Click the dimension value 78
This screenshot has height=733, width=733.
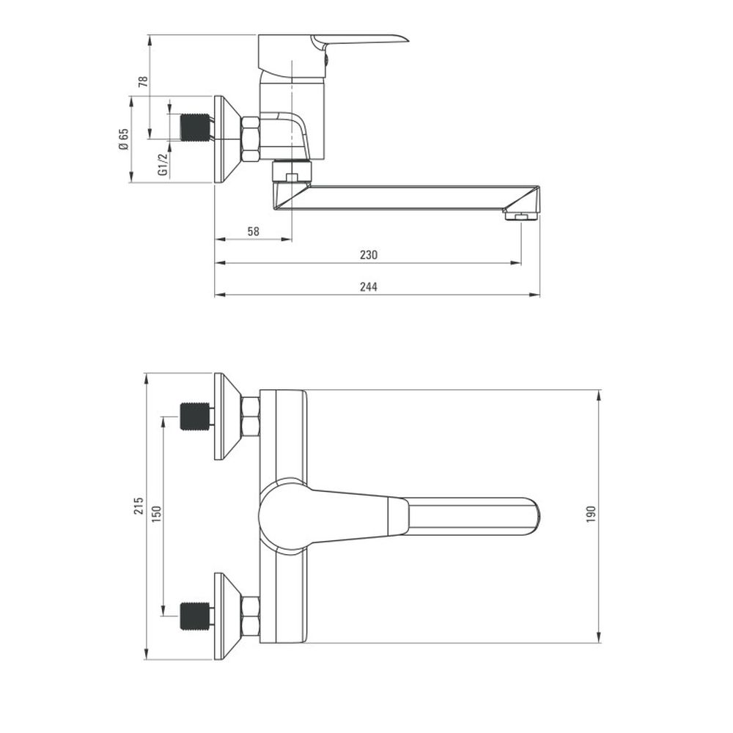144,81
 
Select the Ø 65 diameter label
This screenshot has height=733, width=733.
123,139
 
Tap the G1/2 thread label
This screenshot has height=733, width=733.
163,164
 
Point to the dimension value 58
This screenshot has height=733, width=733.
253,231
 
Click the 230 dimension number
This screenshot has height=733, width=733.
369,255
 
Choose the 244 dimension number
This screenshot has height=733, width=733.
369,287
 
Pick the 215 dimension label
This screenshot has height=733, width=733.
139,507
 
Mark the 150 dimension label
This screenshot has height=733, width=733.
156,515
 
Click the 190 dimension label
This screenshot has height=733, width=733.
591,515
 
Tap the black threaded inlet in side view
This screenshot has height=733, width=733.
195,128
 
